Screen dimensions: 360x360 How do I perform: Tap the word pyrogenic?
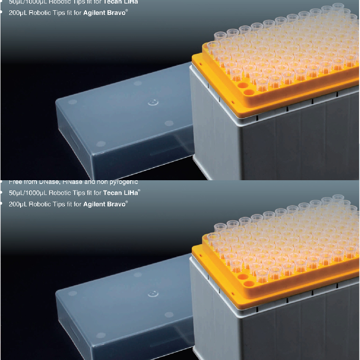tap(123, 182)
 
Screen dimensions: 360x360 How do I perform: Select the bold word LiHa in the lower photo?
tap(131, 193)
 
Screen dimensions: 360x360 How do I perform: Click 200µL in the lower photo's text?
tap(18, 204)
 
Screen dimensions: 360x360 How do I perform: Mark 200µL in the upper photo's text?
tap(18, 13)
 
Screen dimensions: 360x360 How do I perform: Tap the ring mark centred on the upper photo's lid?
tap(153, 101)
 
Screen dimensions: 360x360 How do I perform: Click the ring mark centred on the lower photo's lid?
tap(153, 293)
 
